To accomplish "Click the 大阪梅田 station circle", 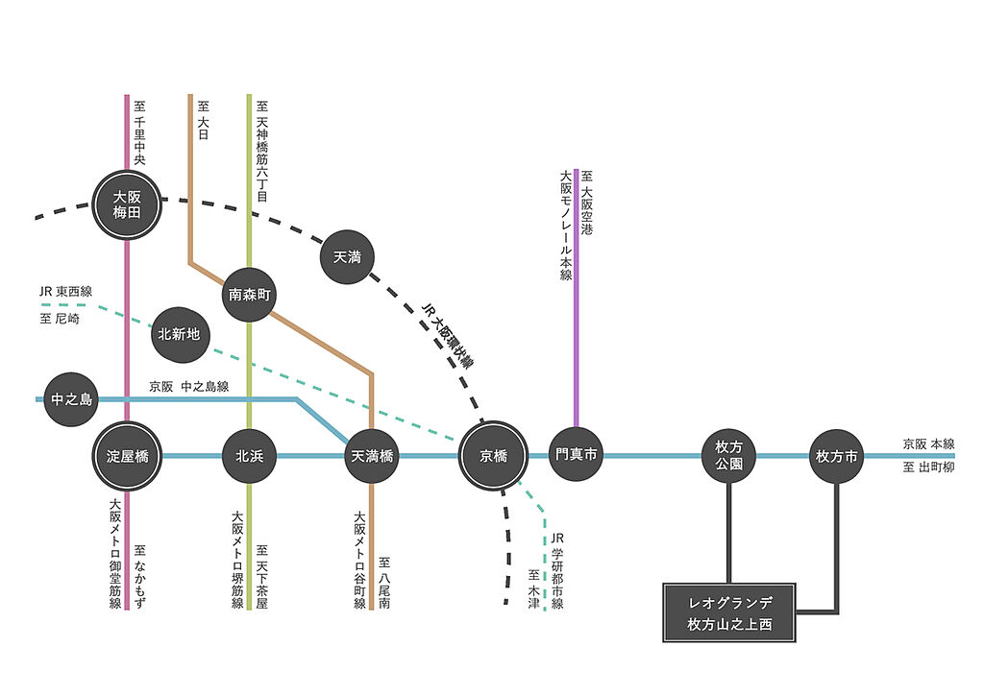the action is pyautogui.click(x=127, y=204).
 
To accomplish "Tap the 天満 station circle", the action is pyautogui.click(x=347, y=257).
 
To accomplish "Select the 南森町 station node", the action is pyautogui.click(x=249, y=295).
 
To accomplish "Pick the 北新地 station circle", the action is pyautogui.click(x=179, y=335).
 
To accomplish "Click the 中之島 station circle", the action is pyautogui.click(x=71, y=399).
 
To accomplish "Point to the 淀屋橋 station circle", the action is pyautogui.click(x=127, y=456).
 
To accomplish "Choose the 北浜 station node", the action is pyautogui.click(x=249, y=456).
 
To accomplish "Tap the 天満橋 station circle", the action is pyautogui.click(x=372, y=456).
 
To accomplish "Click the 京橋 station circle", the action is pyautogui.click(x=493, y=456).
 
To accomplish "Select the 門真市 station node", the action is pyautogui.click(x=577, y=454).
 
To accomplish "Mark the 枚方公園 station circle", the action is pyautogui.click(x=728, y=456).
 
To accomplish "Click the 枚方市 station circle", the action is pyautogui.click(x=837, y=456).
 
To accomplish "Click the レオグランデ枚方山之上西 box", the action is pyautogui.click(x=729, y=612).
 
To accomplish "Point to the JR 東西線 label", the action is pyautogui.click(x=65, y=292).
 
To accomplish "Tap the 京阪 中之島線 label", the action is pyautogui.click(x=189, y=387).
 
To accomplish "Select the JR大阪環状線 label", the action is pyautogui.click(x=448, y=335).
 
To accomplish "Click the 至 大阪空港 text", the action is pyautogui.click(x=587, y=203).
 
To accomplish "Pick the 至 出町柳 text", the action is pyautogui.click(x=929, y=467).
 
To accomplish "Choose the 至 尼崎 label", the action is pyautogui.click(x=60, y=319).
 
